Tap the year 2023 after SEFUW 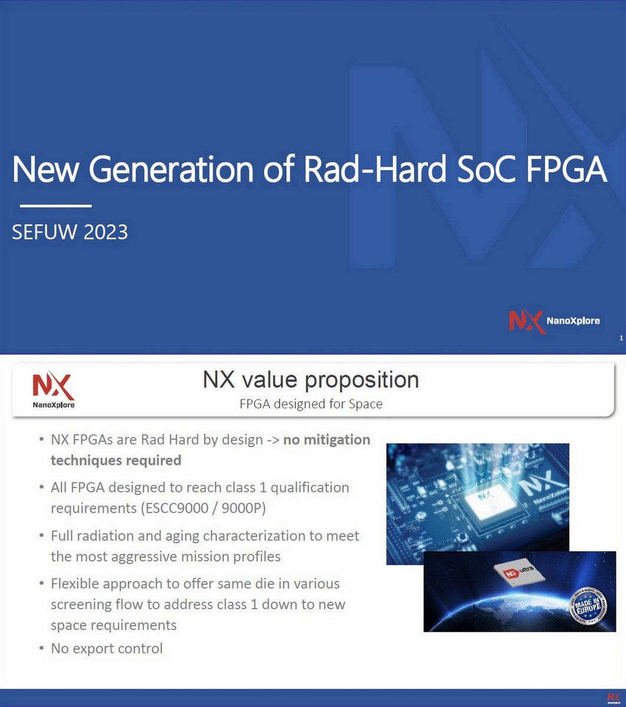(106, 232)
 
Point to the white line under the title (55, 206)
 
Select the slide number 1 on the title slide (621, 338)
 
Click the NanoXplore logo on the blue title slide (554, 321)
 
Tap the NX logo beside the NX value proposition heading (53, 390)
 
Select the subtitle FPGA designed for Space (311, 404)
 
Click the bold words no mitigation (327, 440)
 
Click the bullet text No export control (107, 649)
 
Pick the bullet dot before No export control (41, 649)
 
